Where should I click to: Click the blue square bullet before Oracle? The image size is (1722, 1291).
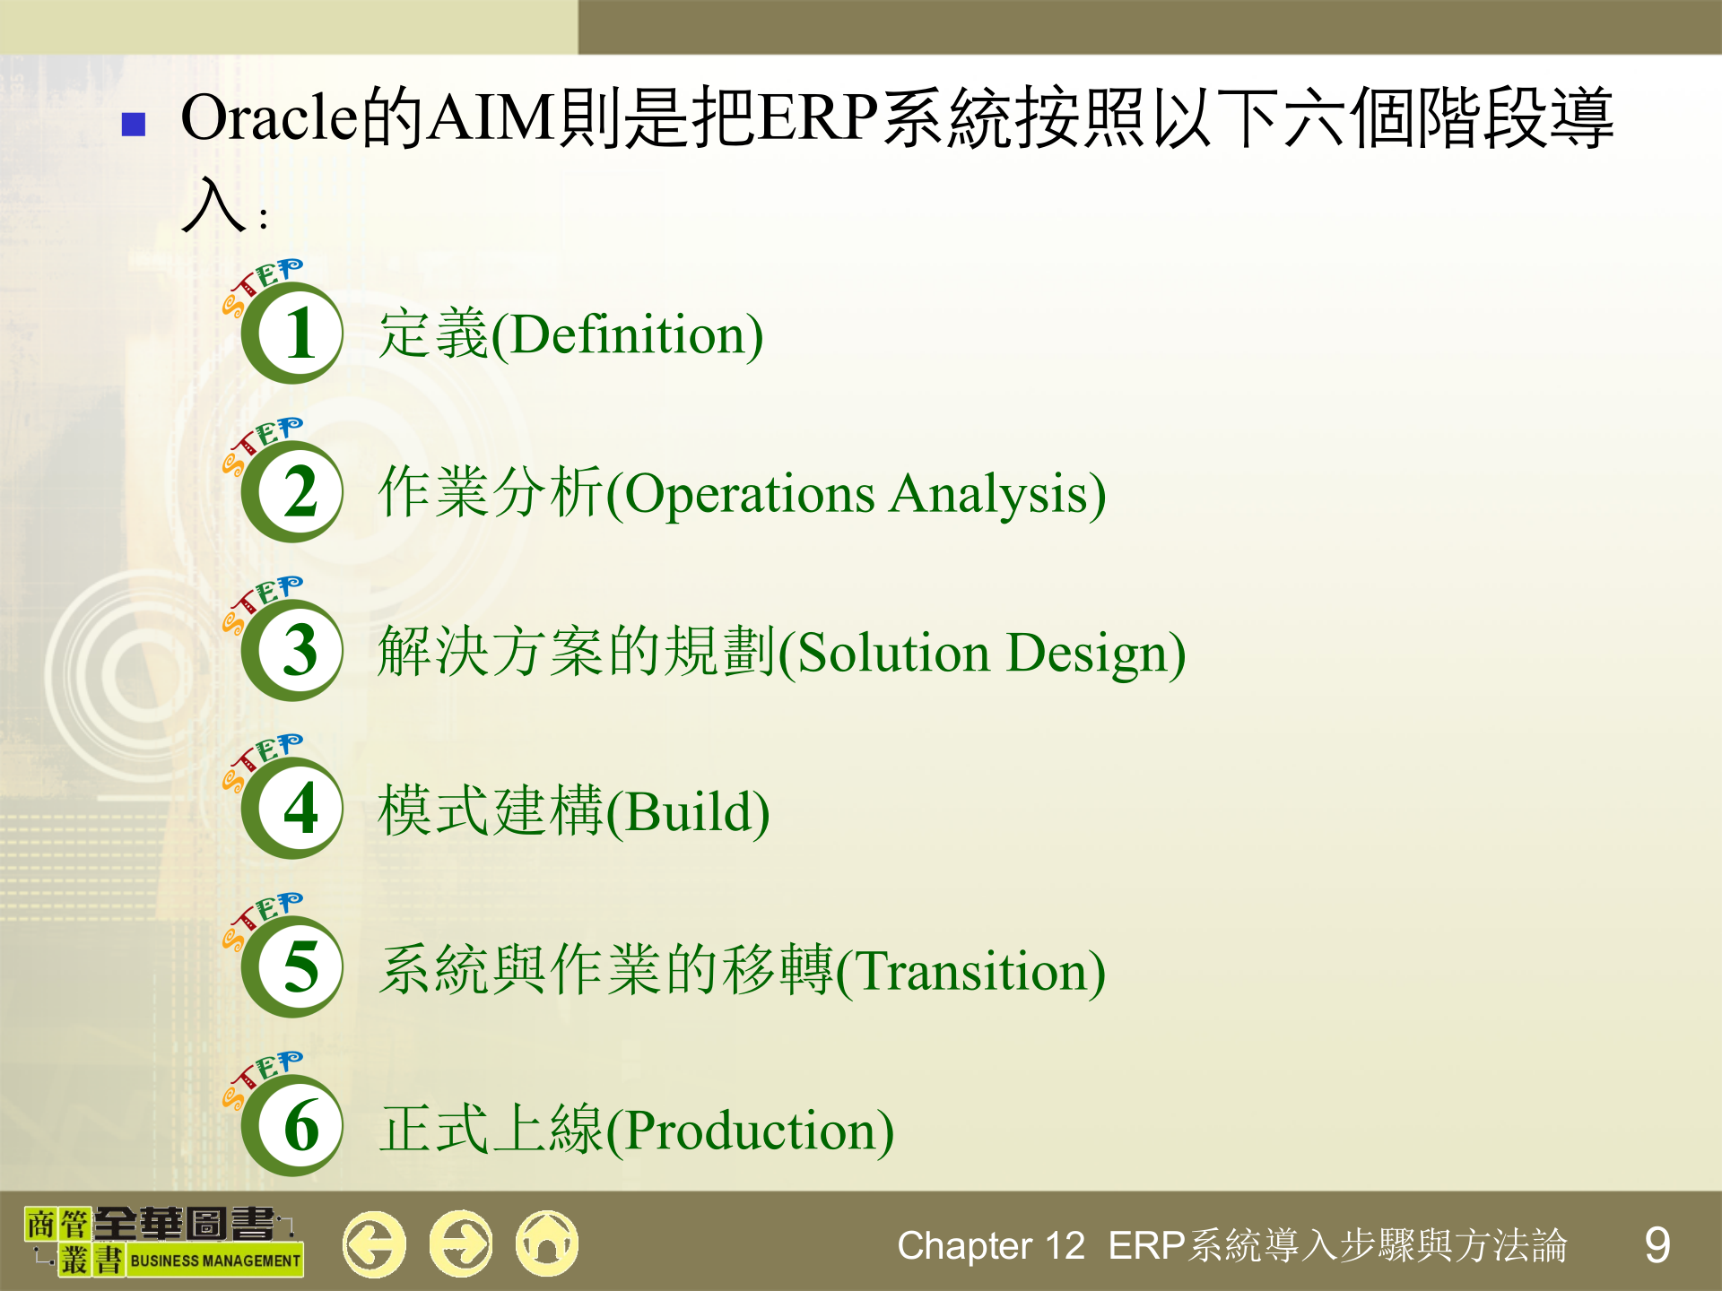click(134, 124)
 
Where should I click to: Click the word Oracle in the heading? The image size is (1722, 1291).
click(269, 117)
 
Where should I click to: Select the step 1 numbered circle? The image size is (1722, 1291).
click(292, 334)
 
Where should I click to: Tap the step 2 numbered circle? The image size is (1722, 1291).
click(292, 491)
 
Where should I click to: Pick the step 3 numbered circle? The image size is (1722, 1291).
click(292, 650)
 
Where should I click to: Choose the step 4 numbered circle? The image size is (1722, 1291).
click(292, 809)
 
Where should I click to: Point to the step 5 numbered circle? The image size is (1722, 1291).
click(292, 966)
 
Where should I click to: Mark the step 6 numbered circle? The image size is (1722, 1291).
click(292, 1126)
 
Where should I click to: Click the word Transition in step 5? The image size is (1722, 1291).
click(972, 971)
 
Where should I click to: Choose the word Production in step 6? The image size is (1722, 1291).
click(750, 1131)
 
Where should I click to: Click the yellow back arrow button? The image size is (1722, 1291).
click(374, 1243)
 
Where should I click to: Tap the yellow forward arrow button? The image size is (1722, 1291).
click(461, 1243)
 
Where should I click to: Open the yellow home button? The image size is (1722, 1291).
click(547, 1243)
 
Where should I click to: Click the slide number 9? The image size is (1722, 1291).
click(1657, 1245)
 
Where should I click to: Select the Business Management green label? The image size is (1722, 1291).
click(215, 1261)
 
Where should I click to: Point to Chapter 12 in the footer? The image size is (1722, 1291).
click(991, 1246)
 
